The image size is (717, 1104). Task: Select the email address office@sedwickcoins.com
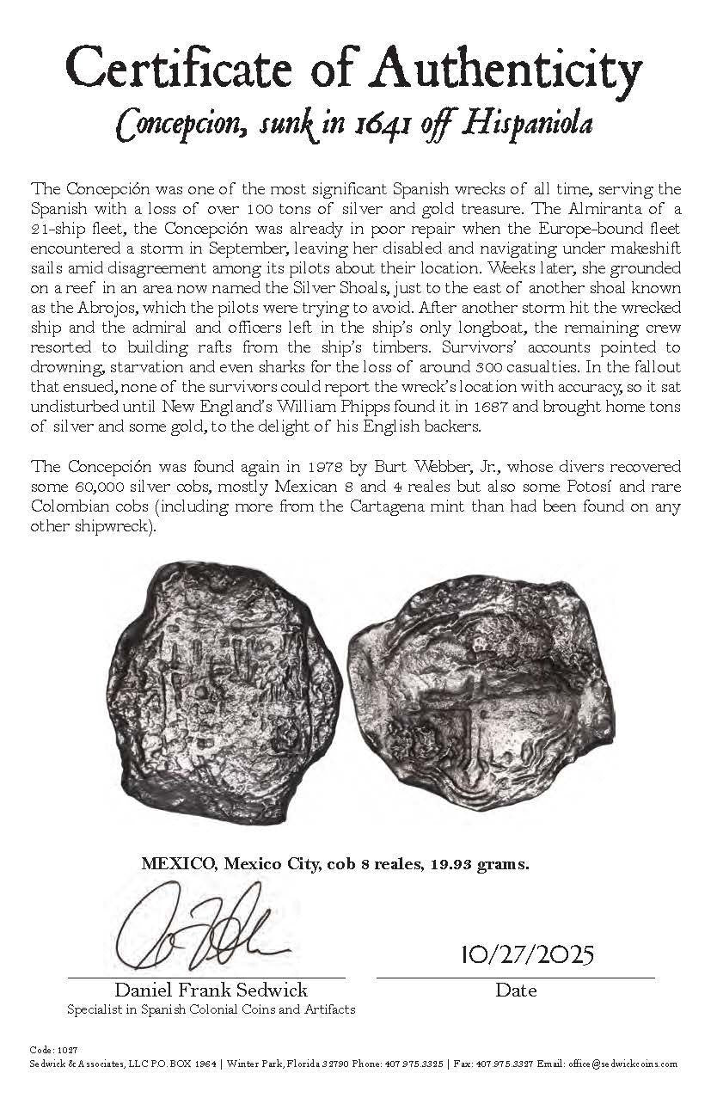(x=623, y=1064)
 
